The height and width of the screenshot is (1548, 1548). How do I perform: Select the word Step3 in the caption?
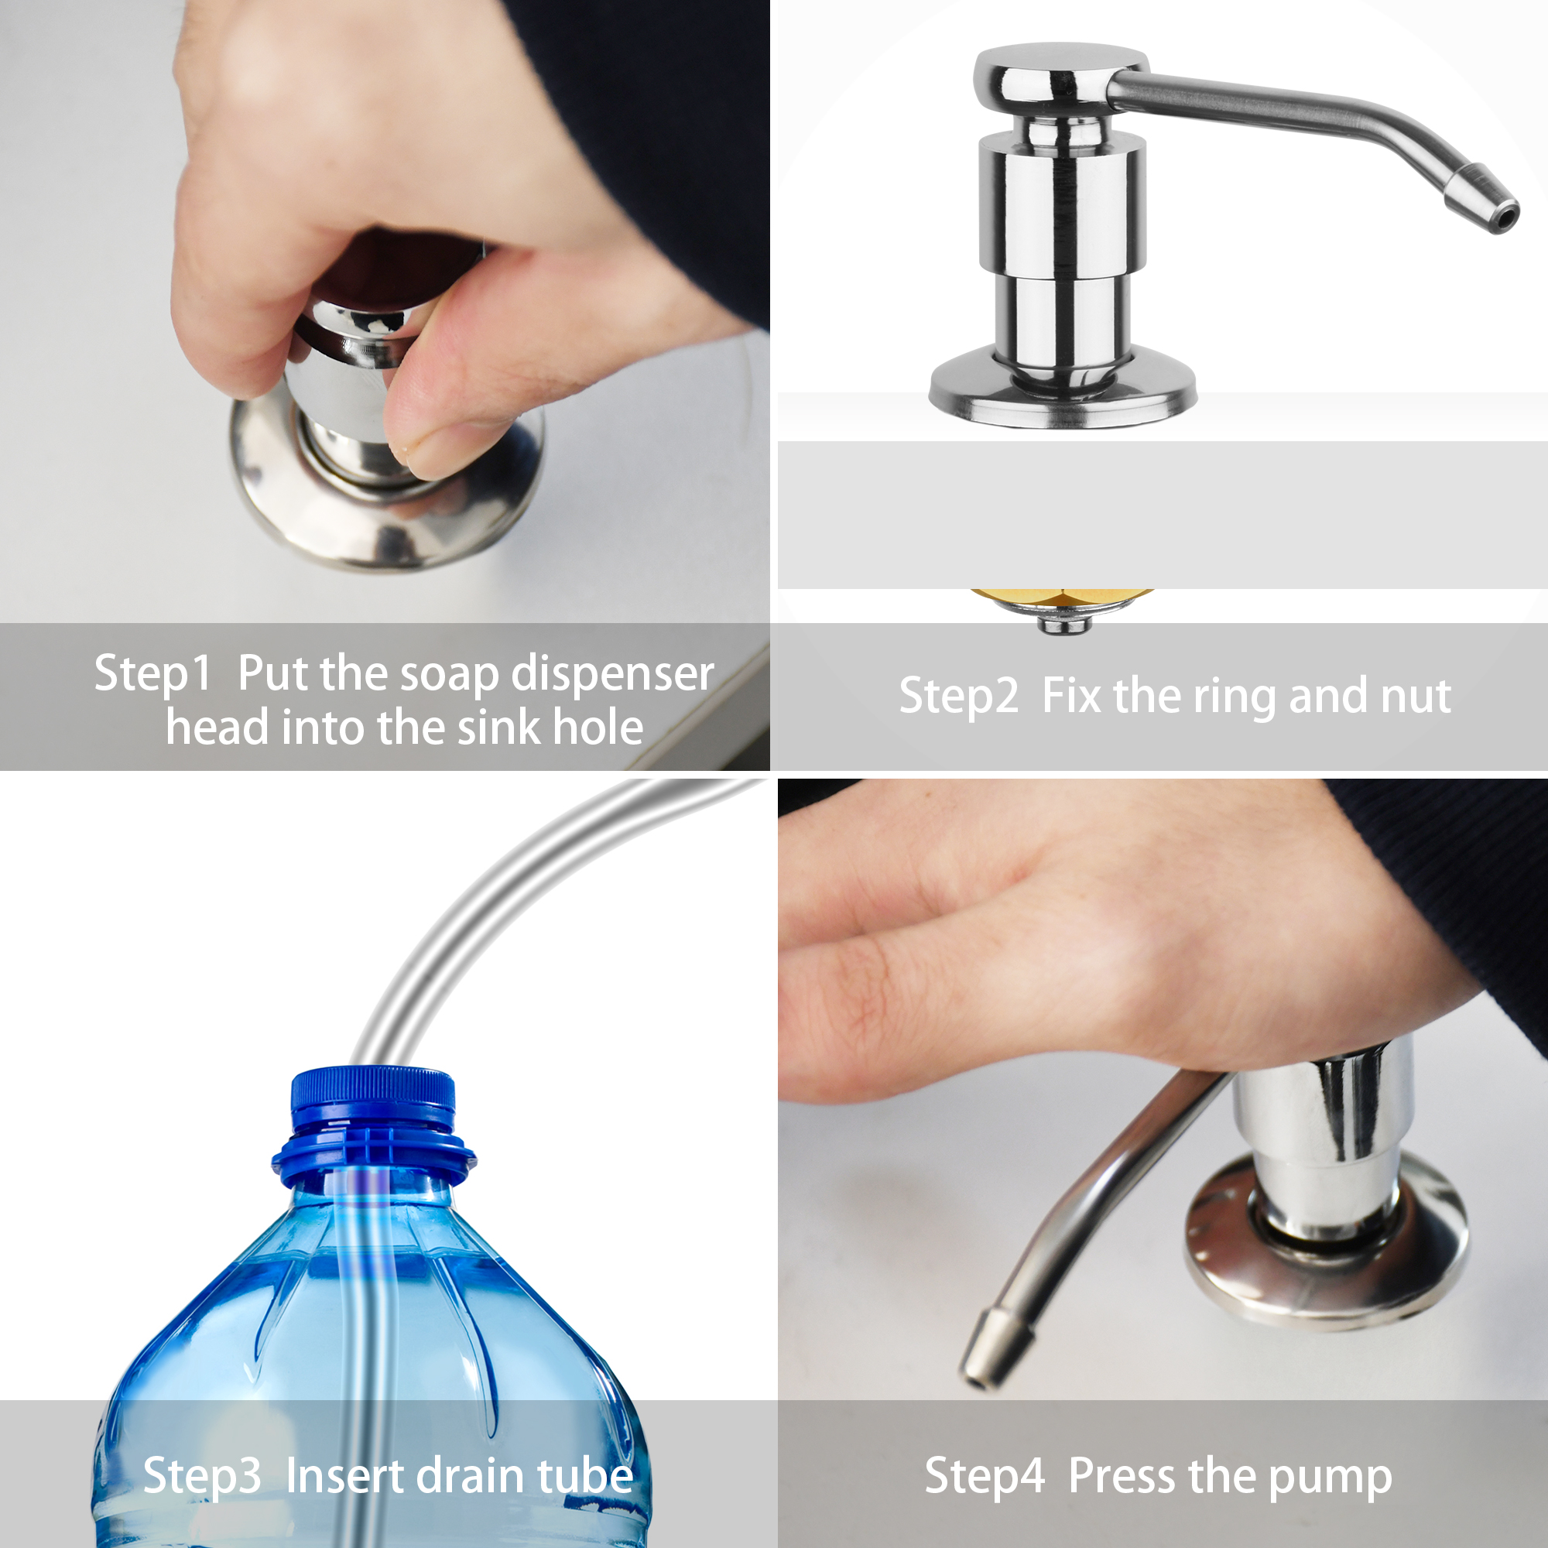tap(202, 1476)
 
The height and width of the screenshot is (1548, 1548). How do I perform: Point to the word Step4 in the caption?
tap(985, 1476)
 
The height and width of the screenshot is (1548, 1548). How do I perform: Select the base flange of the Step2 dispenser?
tap(1063, 389)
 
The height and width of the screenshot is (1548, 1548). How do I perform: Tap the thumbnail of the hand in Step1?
tap(416, 449)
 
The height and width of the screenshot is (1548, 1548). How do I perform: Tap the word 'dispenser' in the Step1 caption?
tap(613, 675)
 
